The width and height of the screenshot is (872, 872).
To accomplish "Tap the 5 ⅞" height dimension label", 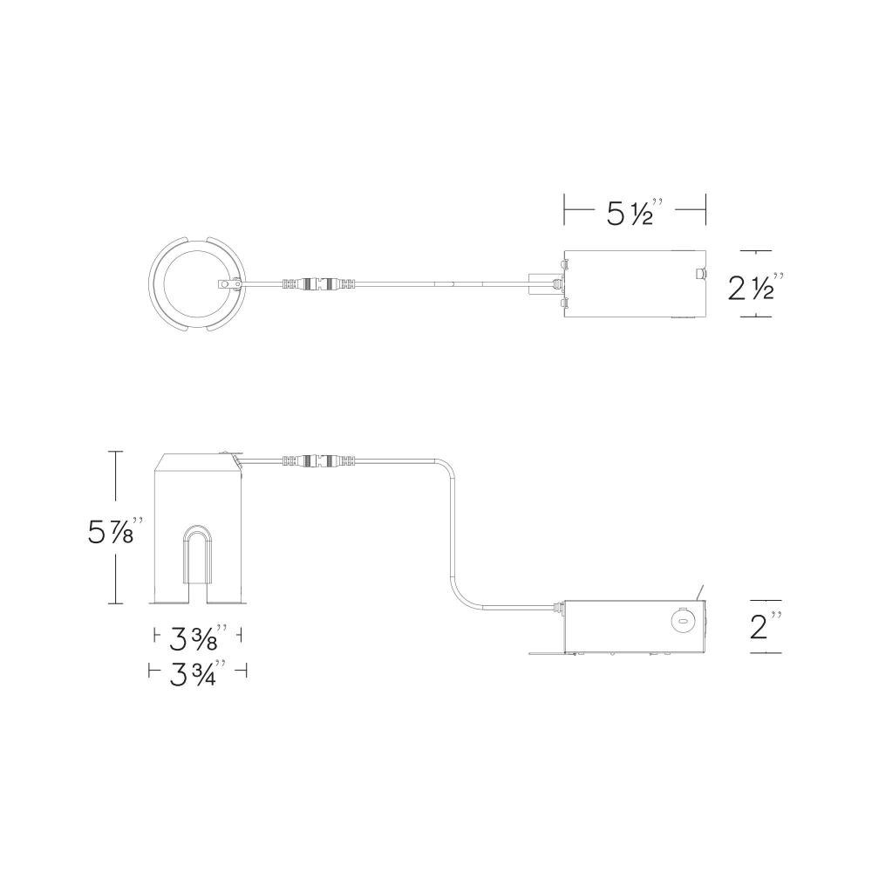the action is [116, 530].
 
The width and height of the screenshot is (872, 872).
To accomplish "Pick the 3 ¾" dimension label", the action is [197, 673].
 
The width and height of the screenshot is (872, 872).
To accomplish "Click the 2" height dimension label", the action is [766, 627].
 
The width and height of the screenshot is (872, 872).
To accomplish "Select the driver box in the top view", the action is [635, 284].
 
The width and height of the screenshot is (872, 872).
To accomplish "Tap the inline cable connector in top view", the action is [317, 284].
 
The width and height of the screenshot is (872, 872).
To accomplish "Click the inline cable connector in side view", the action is [318, 460].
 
